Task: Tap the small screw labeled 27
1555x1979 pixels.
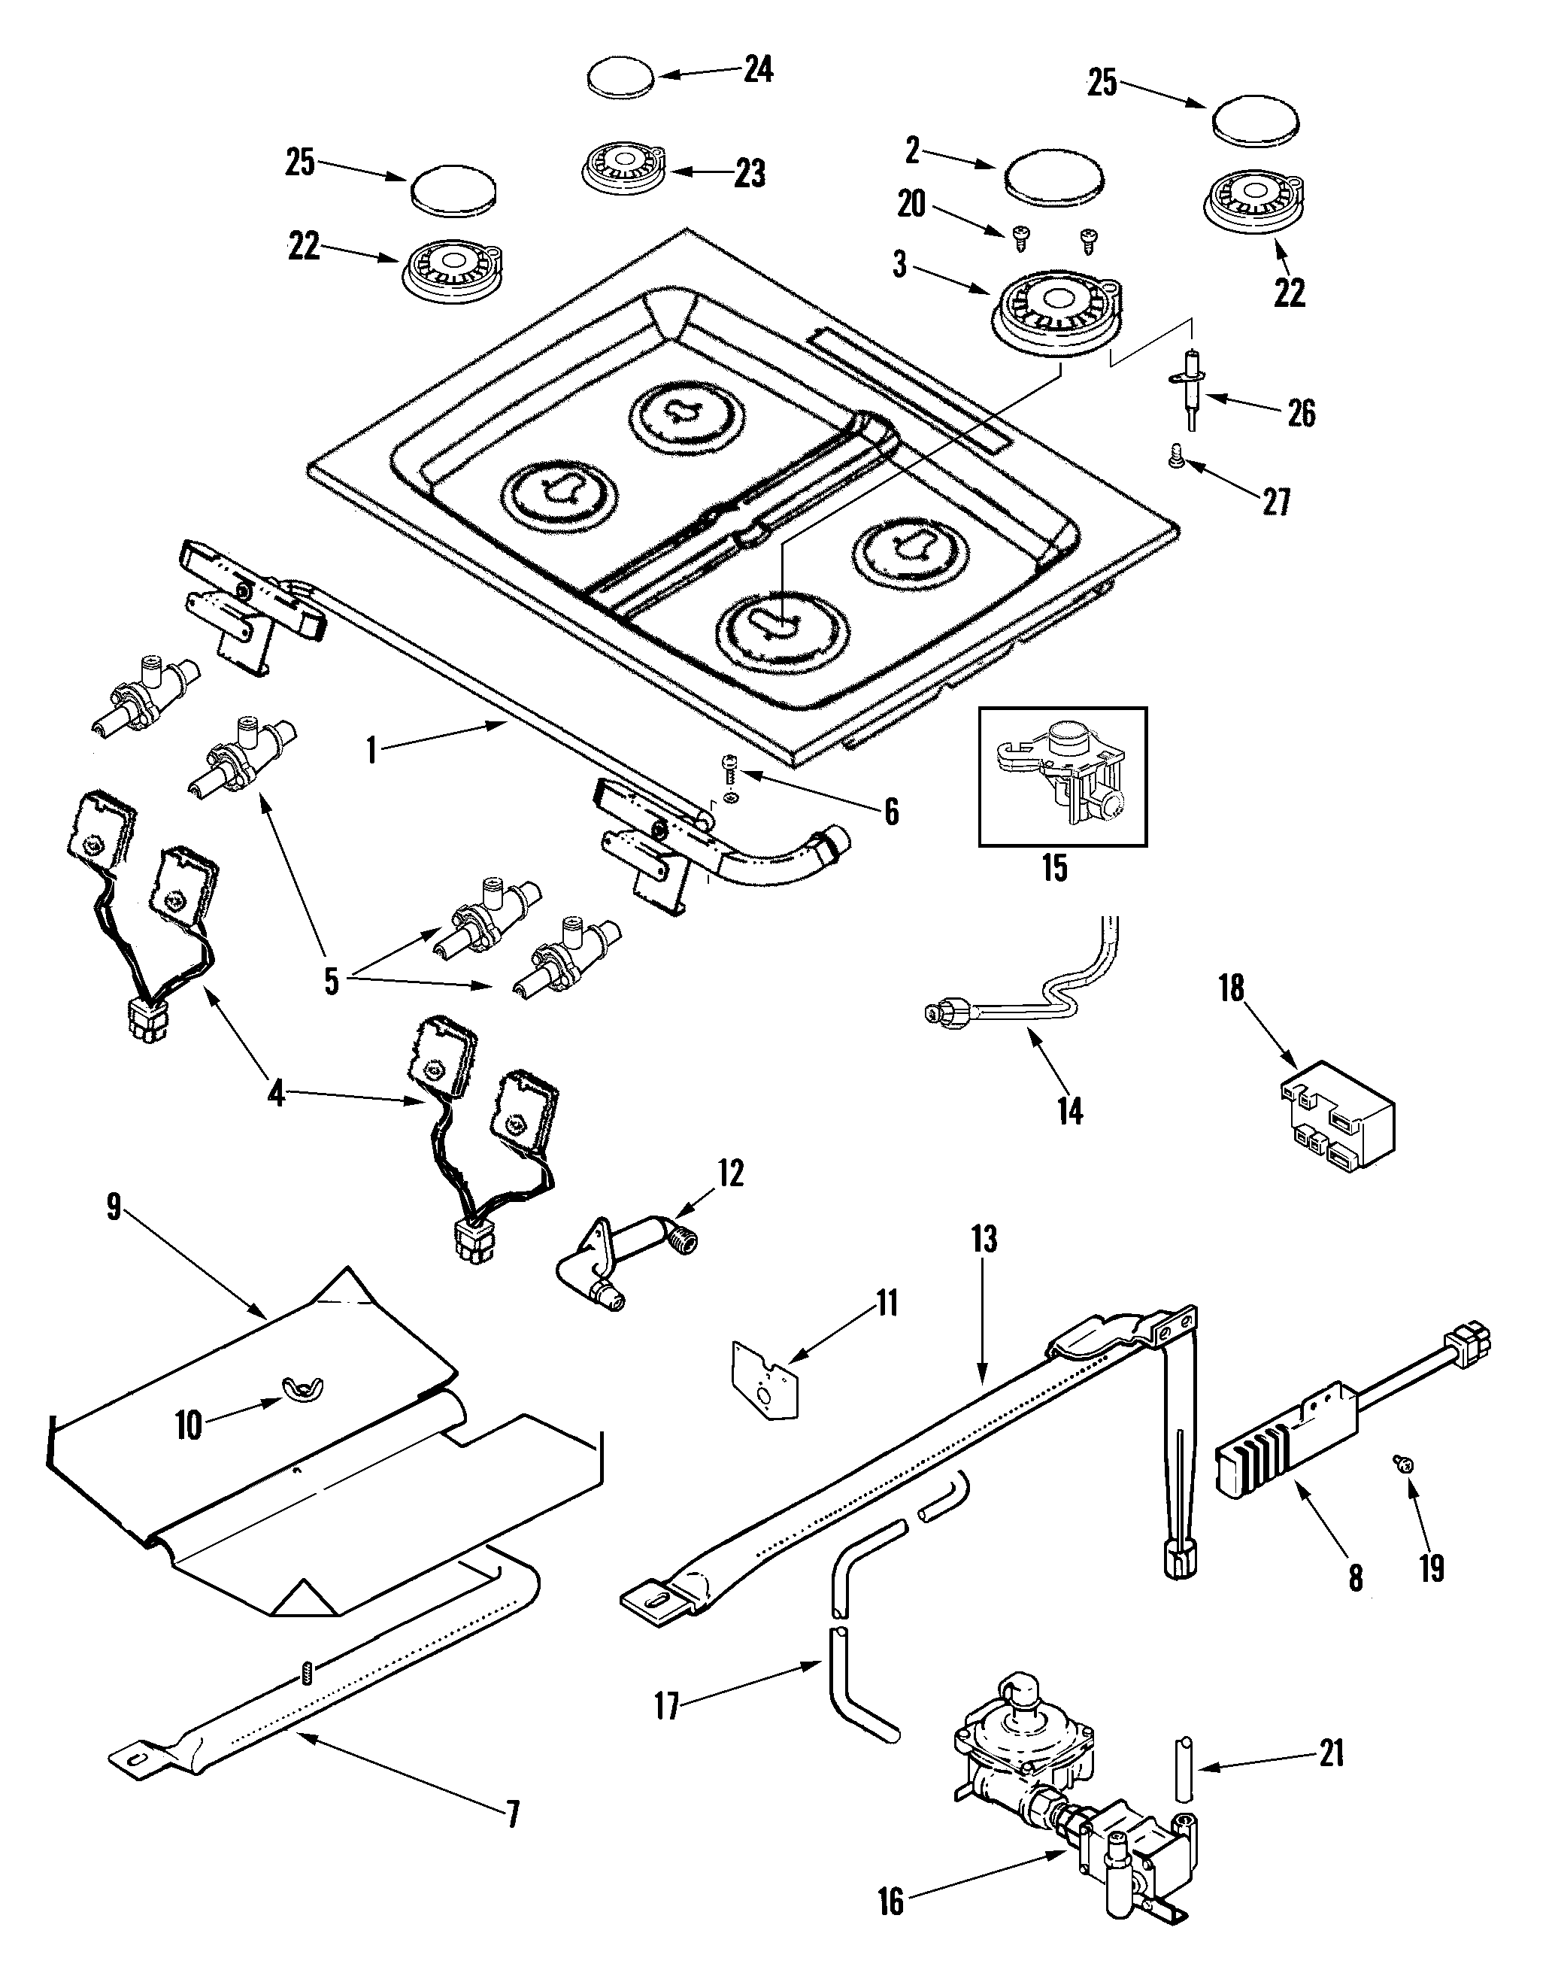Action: tap(1176, 463)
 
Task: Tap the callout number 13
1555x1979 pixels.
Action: tap(984, 1240)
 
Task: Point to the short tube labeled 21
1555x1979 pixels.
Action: tap(1183, 1768)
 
